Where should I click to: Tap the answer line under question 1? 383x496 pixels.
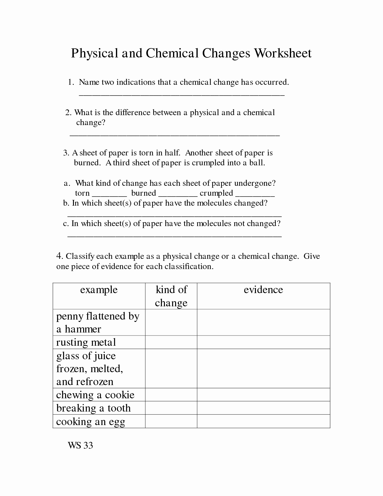point(181,94)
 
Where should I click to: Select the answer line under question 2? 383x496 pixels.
point(175,135)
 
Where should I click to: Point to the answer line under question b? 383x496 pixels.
point(174,216)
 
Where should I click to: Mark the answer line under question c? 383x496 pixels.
point(174,236)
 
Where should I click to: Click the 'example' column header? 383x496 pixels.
point(99,290)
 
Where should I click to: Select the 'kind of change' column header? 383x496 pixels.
point(171,296)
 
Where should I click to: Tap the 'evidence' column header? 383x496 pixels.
point(263,290)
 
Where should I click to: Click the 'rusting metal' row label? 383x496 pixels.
point(86,342)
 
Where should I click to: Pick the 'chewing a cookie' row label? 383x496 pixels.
point(95,395)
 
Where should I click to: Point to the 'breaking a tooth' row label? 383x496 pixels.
point(93,408)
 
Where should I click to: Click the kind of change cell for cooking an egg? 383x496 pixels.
point(171,421)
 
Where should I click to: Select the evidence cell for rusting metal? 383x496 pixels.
point(263,342)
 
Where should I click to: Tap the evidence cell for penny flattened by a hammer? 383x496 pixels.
point(263,322)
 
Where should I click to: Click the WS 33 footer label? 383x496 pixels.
point(80,445)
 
